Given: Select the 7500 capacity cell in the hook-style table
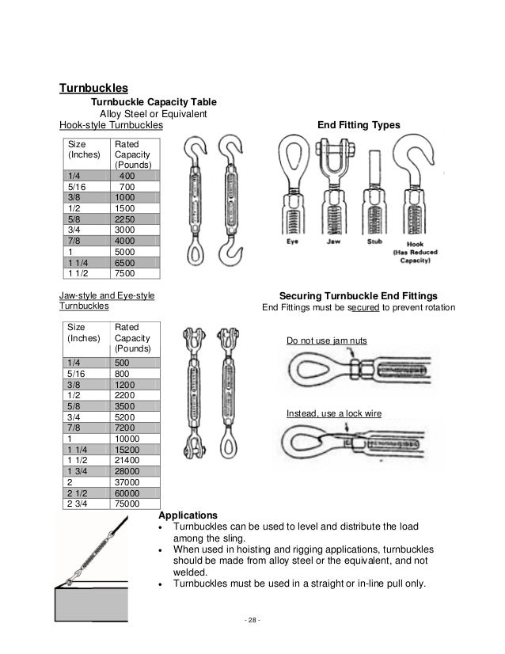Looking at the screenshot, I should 126,273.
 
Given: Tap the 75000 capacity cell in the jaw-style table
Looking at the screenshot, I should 127,502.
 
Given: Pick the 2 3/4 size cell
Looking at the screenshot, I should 79,502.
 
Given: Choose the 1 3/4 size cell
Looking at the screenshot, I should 79,470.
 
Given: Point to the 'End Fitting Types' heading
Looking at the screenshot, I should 359,124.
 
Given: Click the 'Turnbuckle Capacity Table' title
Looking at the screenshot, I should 150,102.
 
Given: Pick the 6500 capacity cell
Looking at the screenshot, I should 126,262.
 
